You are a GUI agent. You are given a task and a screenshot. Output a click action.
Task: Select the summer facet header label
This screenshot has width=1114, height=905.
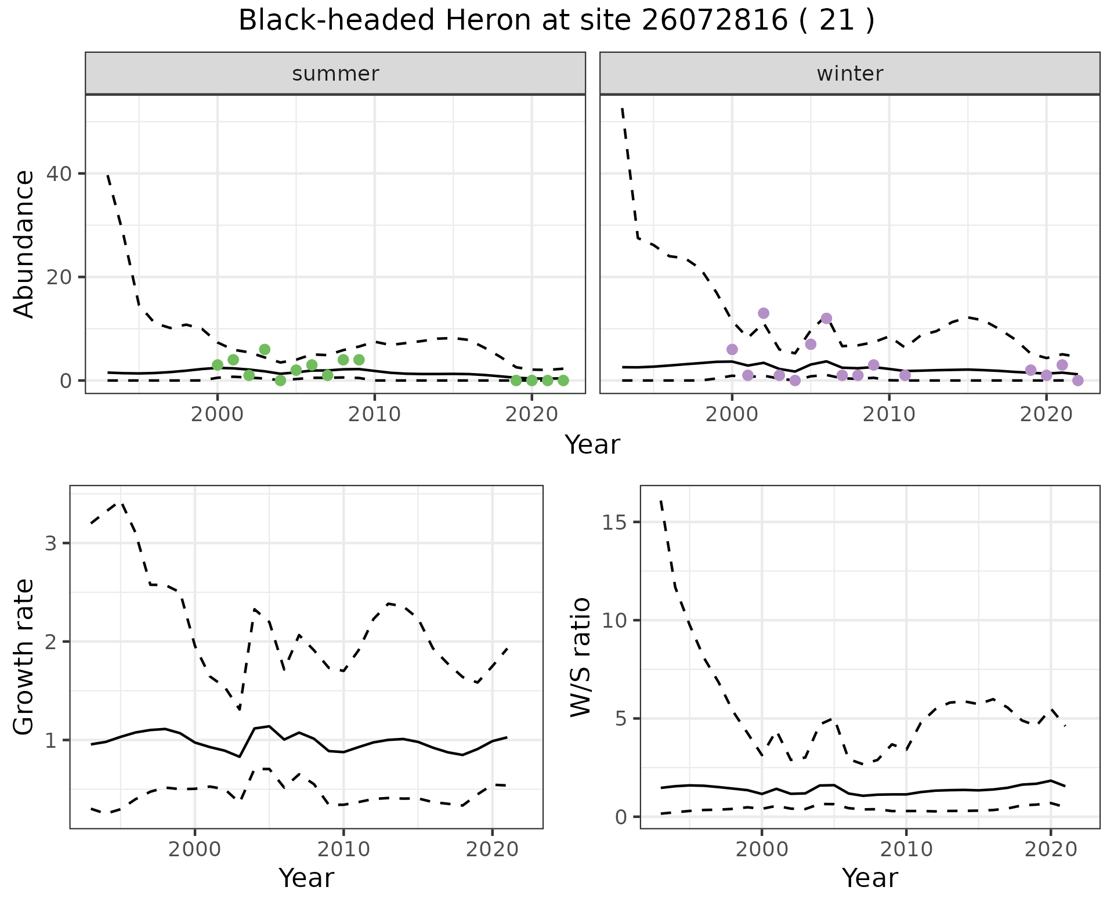[x=335, y=74]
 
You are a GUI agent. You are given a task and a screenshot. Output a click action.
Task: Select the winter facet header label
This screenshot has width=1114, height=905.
[x=849, y=74]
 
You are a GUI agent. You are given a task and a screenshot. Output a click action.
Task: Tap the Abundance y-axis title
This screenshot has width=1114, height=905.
[x=24, y=244]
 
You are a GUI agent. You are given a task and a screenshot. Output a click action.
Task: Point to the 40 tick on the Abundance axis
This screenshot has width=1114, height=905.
[x=66, y=173]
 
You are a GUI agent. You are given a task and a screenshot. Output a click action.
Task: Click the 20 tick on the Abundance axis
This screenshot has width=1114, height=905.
[x=66, y=277]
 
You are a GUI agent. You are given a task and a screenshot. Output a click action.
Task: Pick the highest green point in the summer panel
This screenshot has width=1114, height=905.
[x=265, y=349]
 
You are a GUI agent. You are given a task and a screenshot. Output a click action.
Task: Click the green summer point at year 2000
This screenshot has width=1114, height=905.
[x=218, y=365]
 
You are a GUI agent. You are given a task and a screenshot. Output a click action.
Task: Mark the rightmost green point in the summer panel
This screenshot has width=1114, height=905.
[x=563, y=381]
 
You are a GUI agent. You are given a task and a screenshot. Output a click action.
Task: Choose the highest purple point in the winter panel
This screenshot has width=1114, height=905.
[x=764, y=313]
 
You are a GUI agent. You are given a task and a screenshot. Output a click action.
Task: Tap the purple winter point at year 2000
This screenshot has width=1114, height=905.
[x=732, y=349]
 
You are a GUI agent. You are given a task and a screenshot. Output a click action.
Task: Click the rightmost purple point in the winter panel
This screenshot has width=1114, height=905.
[x=1078, y=381]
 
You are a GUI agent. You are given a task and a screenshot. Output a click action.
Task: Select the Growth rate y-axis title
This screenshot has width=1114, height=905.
[x=24, y=657]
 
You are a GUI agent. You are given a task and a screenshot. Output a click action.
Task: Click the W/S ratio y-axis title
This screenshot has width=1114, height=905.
[x=580, y=657]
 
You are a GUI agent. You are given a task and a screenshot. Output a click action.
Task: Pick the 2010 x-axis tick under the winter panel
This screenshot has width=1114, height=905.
[x=889, y=414]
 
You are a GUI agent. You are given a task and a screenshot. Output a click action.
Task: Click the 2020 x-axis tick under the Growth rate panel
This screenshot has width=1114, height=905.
[x=492, y=850]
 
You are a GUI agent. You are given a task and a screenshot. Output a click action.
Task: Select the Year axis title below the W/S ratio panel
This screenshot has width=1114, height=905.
[x=870, y=878]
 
